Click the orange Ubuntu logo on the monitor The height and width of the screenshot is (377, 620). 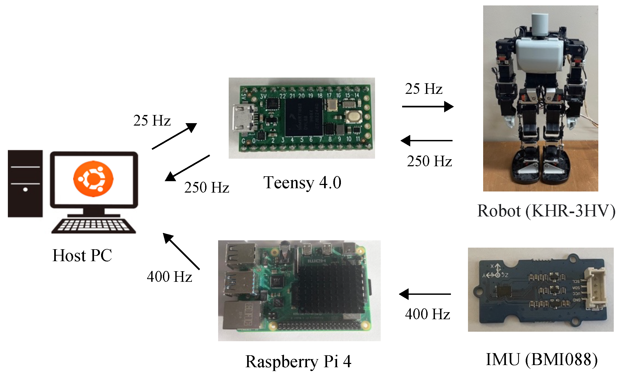93,179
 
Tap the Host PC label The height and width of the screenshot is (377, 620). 82,255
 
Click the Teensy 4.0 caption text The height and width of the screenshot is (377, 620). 302,183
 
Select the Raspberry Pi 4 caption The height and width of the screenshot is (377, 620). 298,362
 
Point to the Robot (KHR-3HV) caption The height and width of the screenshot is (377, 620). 546,211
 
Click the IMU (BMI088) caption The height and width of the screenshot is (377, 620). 541,360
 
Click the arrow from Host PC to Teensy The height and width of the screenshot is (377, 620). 174,136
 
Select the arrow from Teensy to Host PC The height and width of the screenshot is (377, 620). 187,168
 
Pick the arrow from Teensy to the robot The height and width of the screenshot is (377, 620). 428,107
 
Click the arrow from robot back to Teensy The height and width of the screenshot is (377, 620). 427,141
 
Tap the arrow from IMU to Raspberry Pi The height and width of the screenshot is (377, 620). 425,294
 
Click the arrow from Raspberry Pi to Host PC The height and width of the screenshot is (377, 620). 181,251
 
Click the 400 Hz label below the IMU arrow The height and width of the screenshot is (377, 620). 427,314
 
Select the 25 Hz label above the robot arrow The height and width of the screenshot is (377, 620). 424,89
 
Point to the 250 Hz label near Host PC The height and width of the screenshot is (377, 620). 206,187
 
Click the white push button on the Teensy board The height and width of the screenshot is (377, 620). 354,117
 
